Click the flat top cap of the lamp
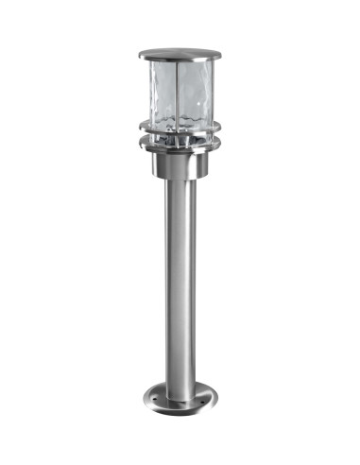(x=179, y=54)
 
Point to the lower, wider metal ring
(x=179, y=145)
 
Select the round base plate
(x=179, y=397)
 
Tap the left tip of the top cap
(x=139, y=55)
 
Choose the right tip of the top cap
(x=218, y=55)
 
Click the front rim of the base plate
(x=179, y=409)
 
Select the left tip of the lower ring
(x=137, y=144)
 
